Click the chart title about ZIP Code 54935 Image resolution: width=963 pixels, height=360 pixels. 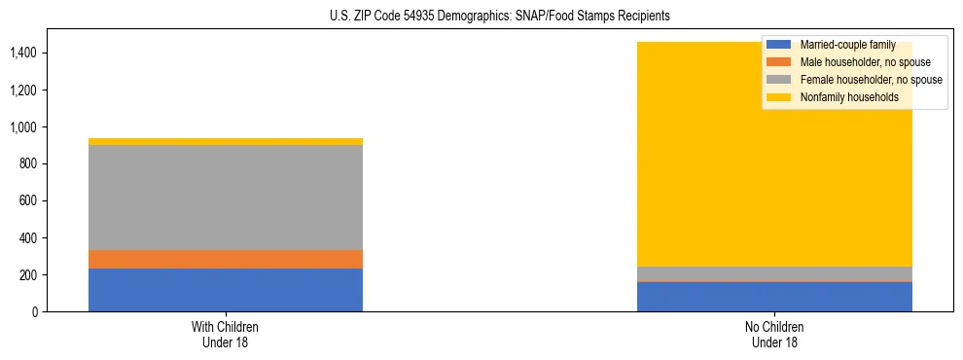481,17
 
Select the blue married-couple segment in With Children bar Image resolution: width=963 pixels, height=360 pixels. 226,290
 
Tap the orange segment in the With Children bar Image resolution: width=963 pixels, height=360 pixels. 226,259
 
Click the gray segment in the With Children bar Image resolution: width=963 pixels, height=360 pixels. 226,198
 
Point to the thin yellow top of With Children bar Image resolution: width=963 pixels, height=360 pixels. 226,142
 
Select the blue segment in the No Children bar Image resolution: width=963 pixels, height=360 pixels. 774,297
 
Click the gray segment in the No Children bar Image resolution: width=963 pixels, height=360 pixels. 774,273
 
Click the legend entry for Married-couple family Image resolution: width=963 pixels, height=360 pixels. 847,46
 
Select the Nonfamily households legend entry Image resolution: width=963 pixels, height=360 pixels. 849,97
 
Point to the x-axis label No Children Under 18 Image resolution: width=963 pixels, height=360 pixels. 774,335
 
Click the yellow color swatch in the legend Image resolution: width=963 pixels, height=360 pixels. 779,97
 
